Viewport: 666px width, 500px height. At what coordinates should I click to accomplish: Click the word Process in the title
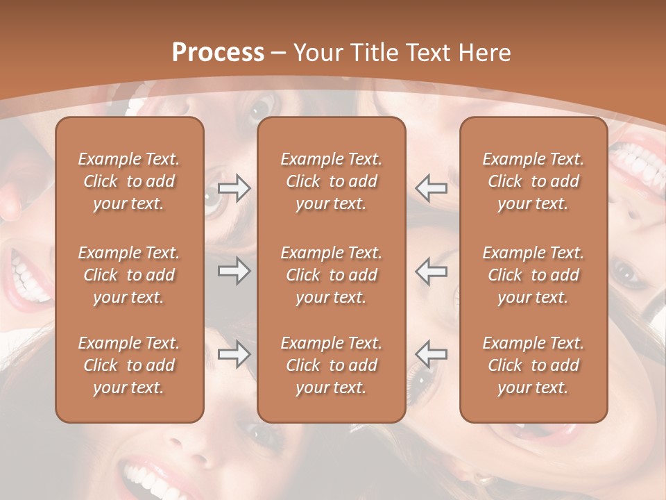pos(218,53)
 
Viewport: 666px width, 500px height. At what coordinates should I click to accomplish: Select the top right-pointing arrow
pos(234,188)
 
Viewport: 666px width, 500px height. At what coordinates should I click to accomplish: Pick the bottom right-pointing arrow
pos(234,354)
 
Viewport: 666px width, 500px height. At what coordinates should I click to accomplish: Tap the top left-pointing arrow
pos(432,187)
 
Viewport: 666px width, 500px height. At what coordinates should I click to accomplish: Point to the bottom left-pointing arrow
pos(432,354)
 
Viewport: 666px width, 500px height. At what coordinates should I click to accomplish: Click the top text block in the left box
pos(129,181)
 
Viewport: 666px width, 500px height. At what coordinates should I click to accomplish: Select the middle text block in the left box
pos(129,275)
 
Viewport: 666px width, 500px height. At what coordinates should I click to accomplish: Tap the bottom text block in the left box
pos(129,365)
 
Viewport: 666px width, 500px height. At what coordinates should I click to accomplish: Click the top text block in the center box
pos(331,181)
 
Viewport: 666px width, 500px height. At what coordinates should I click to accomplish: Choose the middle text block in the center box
pos(331,275)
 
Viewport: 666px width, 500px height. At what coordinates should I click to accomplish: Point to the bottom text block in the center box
pos(331,365)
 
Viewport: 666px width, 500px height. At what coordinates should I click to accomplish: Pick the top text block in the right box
pos(533,181)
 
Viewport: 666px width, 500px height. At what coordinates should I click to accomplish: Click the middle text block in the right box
pos(533,275)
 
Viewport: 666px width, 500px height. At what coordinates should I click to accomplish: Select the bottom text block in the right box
pos(533,365)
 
